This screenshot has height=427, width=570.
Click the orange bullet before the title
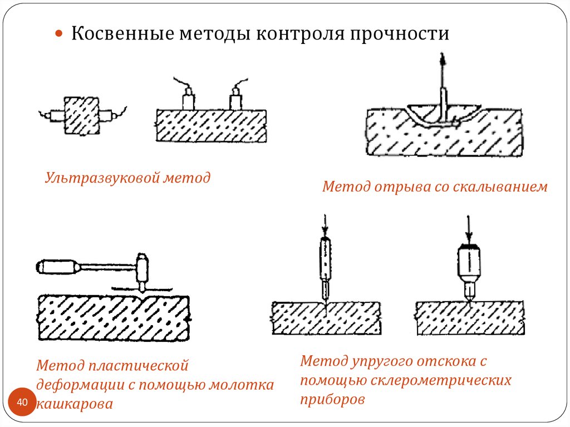point(60,34)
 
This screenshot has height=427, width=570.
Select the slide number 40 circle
point(23,402)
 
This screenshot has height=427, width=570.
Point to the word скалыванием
point(503,187)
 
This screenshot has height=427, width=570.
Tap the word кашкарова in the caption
point(75,404)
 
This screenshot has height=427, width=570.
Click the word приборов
point(333,400)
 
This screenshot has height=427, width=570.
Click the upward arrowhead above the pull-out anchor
point(443,58)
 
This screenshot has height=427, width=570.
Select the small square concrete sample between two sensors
point(81,115)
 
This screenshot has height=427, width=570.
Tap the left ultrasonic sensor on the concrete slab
point(189,100)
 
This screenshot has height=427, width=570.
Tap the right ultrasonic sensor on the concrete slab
point(236,100)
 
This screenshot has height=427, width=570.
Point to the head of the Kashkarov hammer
point(143,268)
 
